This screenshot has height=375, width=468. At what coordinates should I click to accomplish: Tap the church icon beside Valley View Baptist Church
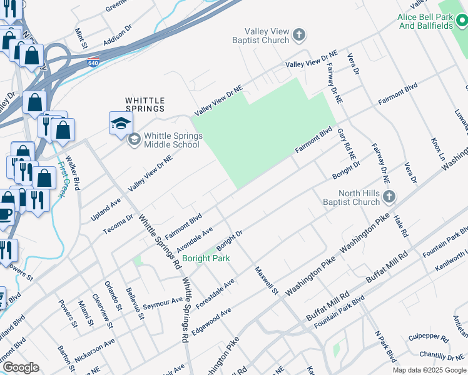tap(299, 35)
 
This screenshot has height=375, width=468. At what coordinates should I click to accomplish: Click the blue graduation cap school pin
tap(121, 123)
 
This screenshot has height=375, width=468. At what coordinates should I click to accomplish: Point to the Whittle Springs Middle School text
tap(171, 140)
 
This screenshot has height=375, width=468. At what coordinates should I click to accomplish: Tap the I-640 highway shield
tap(93, 63)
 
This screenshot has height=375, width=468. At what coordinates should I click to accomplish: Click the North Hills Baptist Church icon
tap(389, 197)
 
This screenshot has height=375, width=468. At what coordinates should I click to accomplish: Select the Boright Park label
tap(206, 258)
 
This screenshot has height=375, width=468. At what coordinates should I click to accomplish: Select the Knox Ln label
tap(436, 148)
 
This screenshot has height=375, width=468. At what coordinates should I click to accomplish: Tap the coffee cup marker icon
tap(5, 214)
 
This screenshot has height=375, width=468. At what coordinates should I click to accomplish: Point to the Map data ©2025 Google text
tap(429, 370)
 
